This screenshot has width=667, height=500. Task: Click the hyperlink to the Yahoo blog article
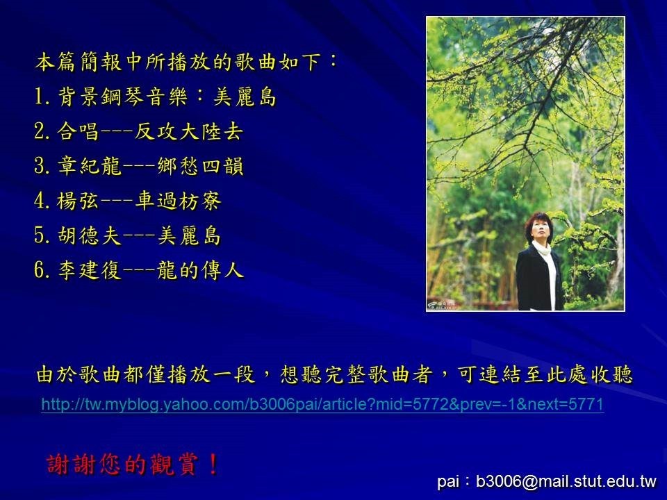[x=322, y=404]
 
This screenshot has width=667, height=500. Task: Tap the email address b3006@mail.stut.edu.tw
[x=566, y=481]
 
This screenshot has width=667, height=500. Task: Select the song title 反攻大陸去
[x=189, y=131]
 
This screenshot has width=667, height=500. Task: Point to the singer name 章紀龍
[x=90, y=166]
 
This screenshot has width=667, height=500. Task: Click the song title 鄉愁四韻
[x=200, y=166]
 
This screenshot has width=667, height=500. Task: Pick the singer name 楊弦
[x=79, y=201]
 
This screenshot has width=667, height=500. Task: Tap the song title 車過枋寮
[x=178, y=201]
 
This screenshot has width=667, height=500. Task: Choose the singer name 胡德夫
[x=90, y=235]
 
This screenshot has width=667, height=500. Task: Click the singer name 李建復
[x=90, y=270]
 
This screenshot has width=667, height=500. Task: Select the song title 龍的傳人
[x=200, y=270]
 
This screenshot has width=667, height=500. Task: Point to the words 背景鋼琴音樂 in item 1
[x=122, y=97]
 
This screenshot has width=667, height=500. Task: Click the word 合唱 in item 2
[x=79, y=131]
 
